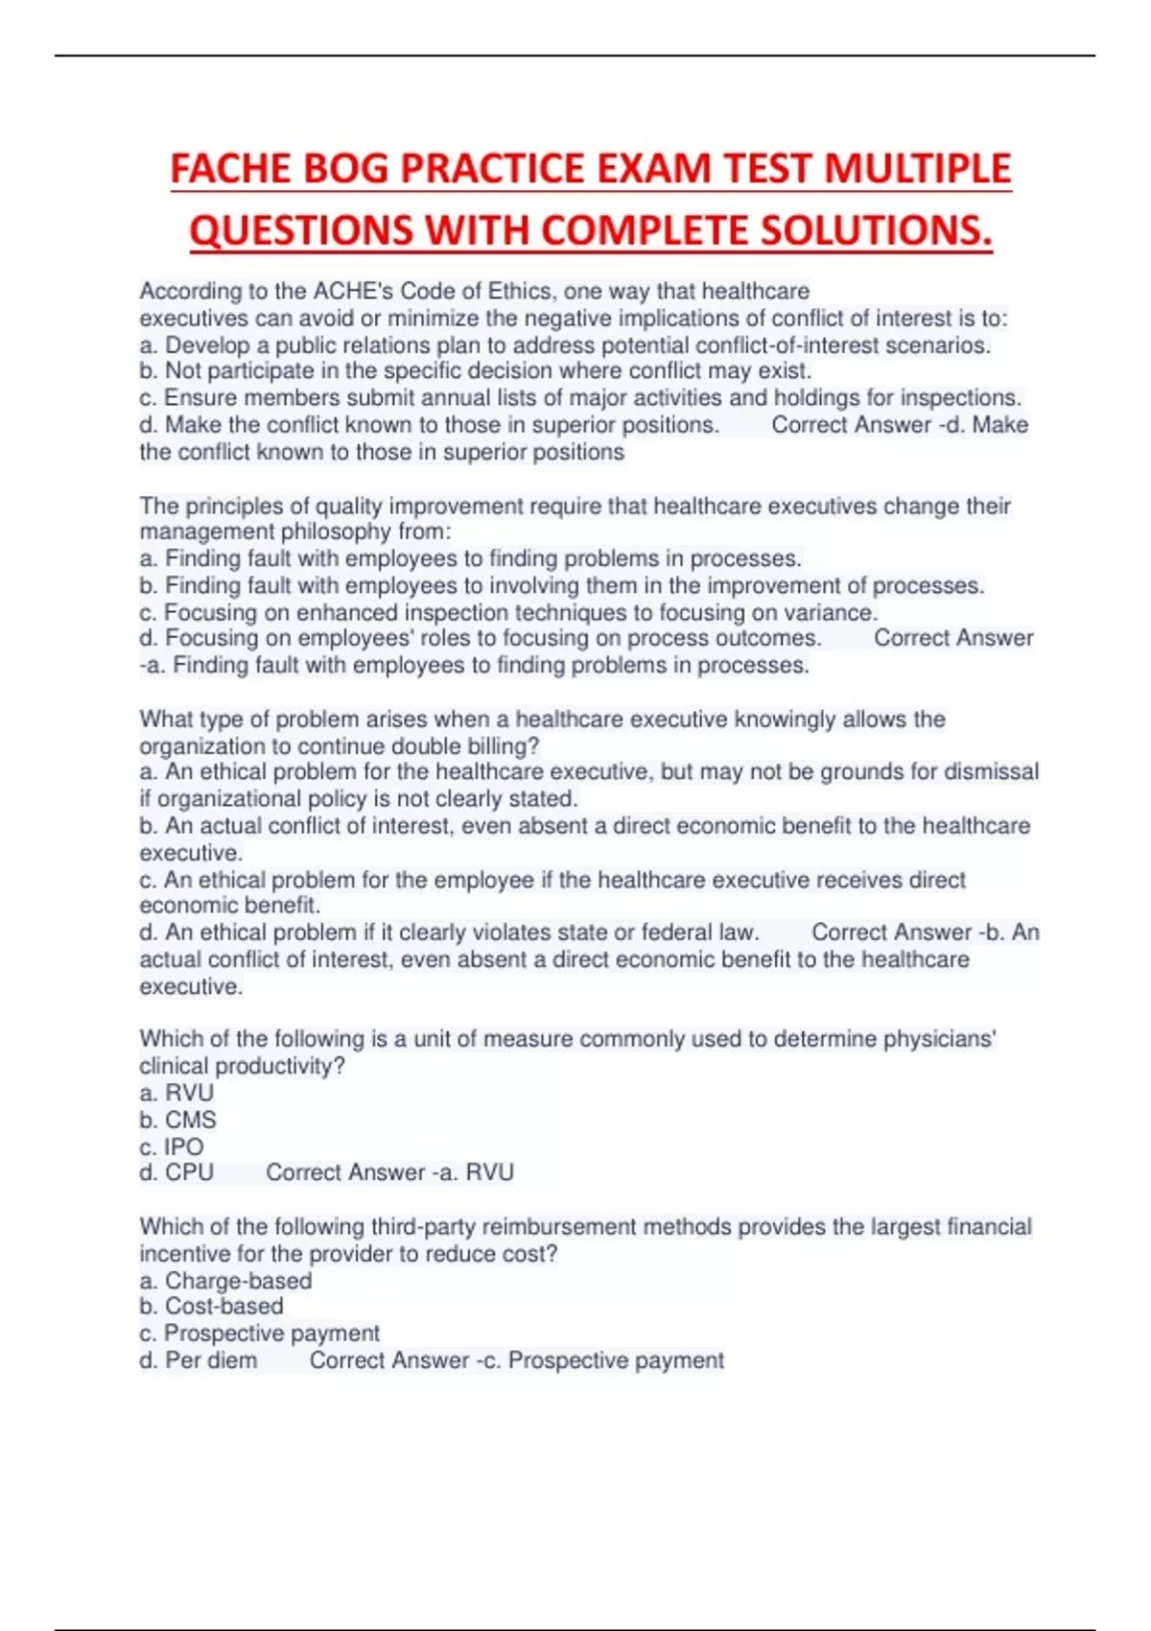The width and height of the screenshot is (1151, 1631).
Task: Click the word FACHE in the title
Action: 231,169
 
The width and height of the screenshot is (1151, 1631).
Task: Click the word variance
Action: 834,612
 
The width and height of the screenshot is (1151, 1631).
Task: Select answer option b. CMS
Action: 178,1120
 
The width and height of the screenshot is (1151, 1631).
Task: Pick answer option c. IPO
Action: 172,1146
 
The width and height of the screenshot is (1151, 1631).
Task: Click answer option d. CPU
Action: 177,1172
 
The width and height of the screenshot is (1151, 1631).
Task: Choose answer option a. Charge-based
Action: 226,1281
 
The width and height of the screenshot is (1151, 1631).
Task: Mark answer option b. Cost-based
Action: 212,1307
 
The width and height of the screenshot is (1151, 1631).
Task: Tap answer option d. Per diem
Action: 199,1360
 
